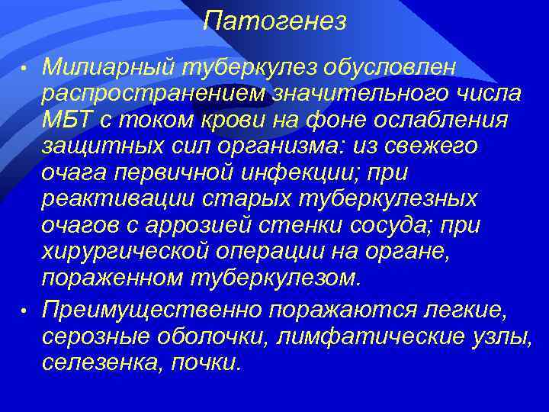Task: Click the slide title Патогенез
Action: coord(274,21)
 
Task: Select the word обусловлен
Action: coord(390,68)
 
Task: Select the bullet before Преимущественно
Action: coord(24,311)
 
